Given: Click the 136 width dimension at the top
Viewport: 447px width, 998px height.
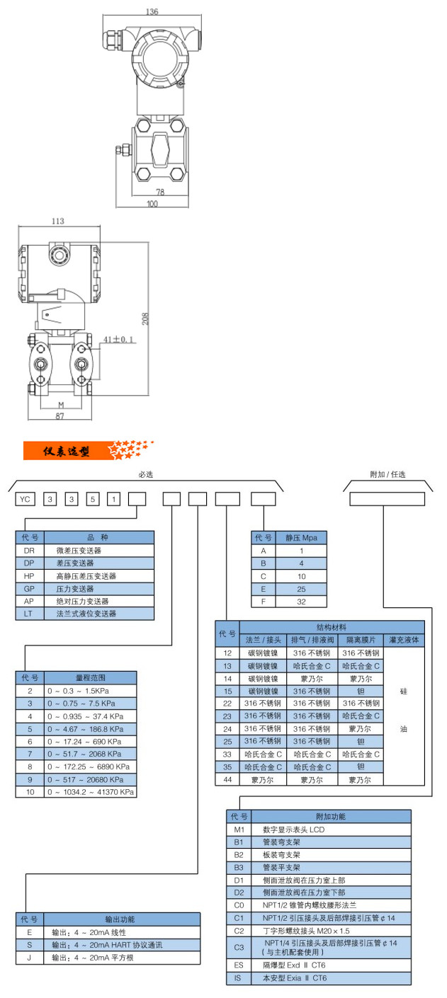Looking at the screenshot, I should (153, 12).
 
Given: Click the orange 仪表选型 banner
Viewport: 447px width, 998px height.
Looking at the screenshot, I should (67, 451).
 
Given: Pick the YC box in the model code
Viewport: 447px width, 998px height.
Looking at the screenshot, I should (26, 499).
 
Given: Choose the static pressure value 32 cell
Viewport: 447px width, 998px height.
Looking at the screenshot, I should (301, 602).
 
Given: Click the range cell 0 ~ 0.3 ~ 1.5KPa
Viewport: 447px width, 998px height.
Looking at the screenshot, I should (89, 690).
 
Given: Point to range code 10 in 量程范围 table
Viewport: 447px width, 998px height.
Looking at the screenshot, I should (30, 792).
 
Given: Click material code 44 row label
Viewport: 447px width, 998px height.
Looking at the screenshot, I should (227, 779).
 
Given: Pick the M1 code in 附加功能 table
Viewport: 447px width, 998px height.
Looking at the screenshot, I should (239, 829).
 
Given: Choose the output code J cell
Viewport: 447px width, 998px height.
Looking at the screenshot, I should (30, 958).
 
